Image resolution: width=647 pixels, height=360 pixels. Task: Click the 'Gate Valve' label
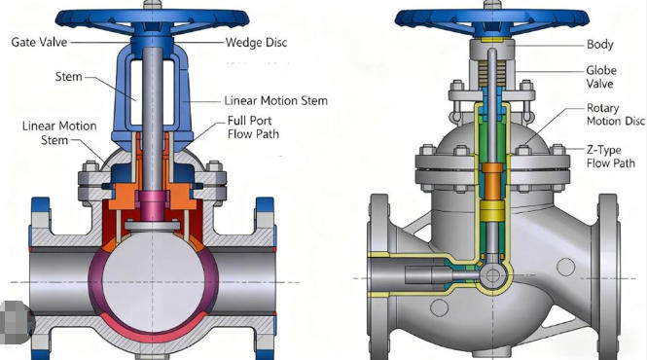click(39, 42)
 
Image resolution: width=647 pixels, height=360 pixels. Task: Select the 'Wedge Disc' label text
click(256, 43)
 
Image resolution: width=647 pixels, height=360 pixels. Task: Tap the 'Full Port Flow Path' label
click(253, 127)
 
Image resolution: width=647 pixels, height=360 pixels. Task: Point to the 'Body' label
click(600, 45)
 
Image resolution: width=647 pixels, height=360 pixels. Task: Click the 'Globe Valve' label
click(601, 77)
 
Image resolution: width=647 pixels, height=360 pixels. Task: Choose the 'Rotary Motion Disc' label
click(615, 115)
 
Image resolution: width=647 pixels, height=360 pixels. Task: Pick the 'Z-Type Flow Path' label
click(610, 157)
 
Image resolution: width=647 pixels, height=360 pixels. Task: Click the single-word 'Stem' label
click(68, 77)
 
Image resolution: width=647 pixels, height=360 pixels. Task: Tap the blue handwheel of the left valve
click(152, 19)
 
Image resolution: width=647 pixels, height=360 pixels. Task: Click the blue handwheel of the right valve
click(492, 19)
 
